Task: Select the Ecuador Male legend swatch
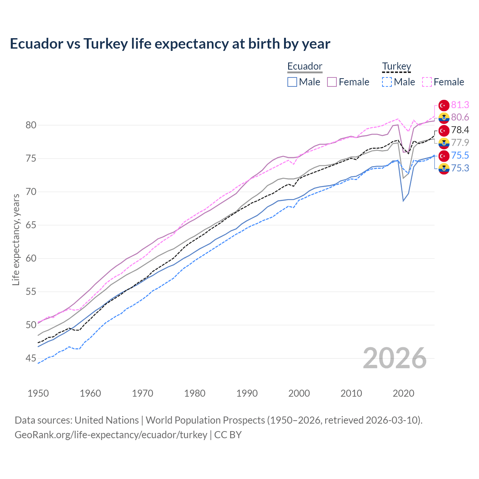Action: point(292,82)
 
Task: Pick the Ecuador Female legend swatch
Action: point(332,82)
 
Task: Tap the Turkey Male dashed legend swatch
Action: point(387,82)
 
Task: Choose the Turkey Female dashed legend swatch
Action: point(427,82)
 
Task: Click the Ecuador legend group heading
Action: point(305,66)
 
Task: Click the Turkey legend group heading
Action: point(396,66)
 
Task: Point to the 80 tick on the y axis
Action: point(31,125)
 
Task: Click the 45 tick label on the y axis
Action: point(31,359)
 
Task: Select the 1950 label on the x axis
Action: point(38,393)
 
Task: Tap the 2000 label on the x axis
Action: point(299,393)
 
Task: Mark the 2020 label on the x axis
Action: point(403,393)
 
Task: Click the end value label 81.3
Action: point(460,105)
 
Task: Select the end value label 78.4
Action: point(460,130)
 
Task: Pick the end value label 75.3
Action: point(460,168)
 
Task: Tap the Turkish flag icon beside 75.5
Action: point(444,156)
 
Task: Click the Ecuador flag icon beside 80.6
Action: point(444,118)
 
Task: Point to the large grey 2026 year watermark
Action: point(395,358)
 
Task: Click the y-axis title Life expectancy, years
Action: point(16,239)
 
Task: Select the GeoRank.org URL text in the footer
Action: point(111,434)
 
